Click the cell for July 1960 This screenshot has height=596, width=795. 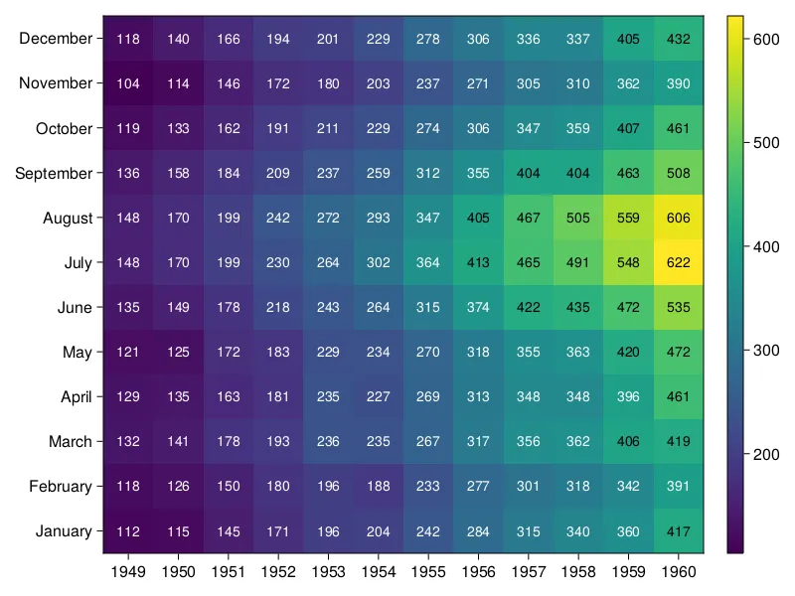[x=679, y=263]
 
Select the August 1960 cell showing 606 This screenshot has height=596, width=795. [x=679, y=219]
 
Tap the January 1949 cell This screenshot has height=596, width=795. [x=128, y=531]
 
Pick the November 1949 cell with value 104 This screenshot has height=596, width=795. [x=128, y=84]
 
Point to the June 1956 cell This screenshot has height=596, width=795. [x=479, y=308]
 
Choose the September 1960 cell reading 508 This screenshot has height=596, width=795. [x=679, y=174]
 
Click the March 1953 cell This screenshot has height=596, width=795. [x=329, y=442]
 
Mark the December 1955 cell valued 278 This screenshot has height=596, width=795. [x=428, y=40]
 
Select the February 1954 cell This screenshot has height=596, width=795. [x=379, y=487]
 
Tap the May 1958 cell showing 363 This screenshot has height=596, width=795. [x=578, y=353]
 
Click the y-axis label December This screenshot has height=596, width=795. [x=56, y=39]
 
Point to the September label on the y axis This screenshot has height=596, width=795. [x=54, y=174]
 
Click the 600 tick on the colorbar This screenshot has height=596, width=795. [x=766, y=39]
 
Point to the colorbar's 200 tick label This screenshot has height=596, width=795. [x=766, y=454]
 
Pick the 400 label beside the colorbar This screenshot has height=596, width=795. [x=766, y=246]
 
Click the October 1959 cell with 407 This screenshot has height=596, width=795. [x=628, y=129]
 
